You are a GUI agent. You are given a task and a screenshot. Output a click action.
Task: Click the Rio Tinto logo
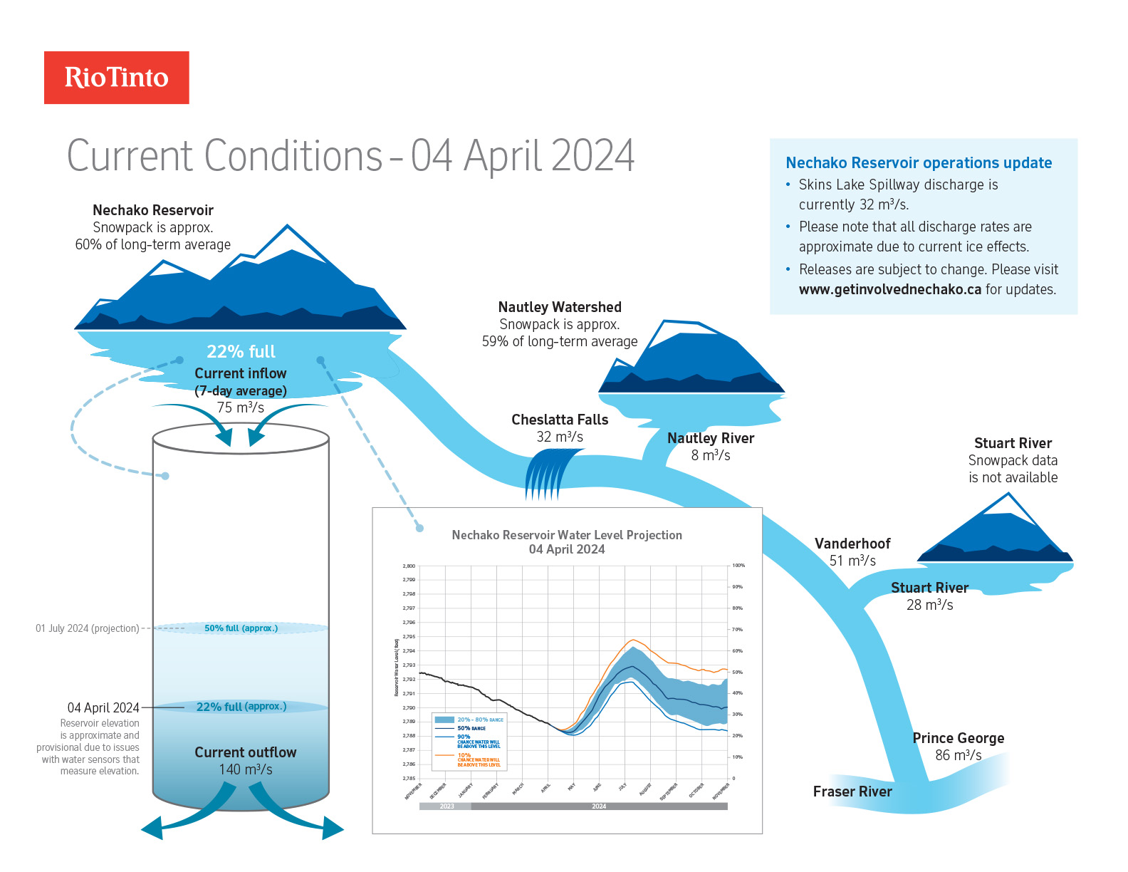coord(116,78)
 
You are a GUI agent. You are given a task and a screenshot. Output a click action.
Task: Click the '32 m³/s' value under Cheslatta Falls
coord(560,437)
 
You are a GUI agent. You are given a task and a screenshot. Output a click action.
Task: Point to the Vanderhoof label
coord(852,544)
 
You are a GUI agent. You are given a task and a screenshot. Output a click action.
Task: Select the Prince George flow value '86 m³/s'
coord(958,755)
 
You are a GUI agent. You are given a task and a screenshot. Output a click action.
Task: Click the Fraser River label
coord(852,791)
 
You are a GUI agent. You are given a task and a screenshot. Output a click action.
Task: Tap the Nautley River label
coord(710,438)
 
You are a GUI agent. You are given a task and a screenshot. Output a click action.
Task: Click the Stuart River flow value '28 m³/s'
coord(929,605)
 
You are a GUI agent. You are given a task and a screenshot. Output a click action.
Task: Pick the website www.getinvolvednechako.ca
coord(889,289)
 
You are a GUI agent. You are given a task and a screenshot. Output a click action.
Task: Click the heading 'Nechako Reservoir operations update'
coord(919,162)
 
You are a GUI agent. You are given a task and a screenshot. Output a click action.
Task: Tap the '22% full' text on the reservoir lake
coord(241,351)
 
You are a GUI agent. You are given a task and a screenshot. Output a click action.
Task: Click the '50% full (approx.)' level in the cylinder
coord(241,628)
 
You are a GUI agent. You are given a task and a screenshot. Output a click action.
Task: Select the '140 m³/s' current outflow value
coord(246,769)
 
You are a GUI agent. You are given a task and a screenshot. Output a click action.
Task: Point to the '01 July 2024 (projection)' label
coord(88,628)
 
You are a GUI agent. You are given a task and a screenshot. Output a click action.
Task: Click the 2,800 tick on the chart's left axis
coord(409,566)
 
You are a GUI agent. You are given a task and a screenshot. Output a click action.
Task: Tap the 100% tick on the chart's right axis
coord(738,566)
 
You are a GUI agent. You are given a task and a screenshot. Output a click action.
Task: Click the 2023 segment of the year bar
coord(446,806)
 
